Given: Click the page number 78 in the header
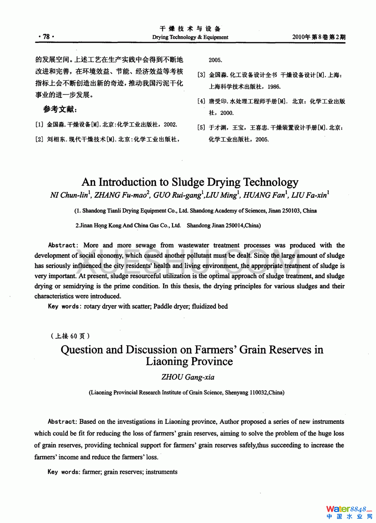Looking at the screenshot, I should click(x=46, y=37).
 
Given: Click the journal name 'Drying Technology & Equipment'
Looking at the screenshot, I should click(x=190, y=37).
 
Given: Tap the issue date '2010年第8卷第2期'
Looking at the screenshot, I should click(x=318, y=37).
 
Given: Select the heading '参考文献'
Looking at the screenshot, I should click(x=60, y=110).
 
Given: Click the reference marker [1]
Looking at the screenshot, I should click(x=39, y=125).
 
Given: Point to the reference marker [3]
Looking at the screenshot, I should click(x=201, y=75).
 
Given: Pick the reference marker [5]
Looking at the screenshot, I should click(x=201, y=128).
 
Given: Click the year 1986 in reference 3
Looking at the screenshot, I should click(x=274, y=87).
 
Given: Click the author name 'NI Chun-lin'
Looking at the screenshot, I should click(x=69, y=195).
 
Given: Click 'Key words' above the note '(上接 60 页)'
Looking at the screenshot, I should click(x=64, y=307).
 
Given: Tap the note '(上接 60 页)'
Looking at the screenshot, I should click(x=70, y=336).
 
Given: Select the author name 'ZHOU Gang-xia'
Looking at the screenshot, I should click(x=188, y=377).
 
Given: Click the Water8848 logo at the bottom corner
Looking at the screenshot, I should click(x=348, y=512).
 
